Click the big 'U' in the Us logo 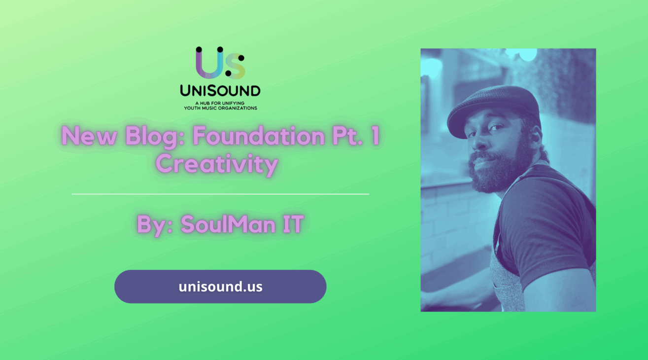pos(209,64)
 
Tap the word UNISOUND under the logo pos(220,91)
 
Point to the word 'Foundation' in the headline pos(253,136)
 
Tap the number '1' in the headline pos(375,136)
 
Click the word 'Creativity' pos(217,164)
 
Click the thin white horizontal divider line pos(220,194)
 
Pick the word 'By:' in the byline pos(154,225)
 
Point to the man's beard pos(498,170)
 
